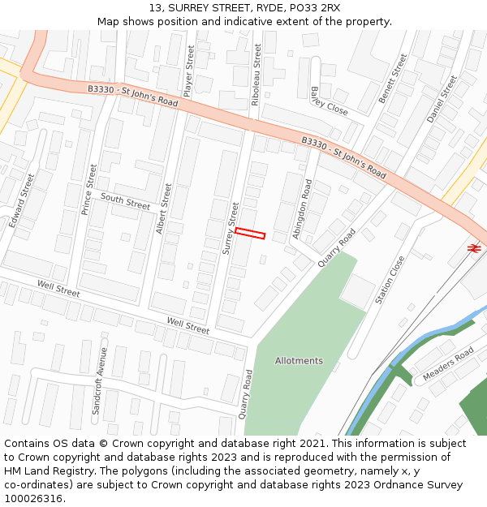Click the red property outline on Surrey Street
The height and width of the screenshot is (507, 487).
coord(250,234)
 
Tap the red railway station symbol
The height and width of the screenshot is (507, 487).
coord(474,247)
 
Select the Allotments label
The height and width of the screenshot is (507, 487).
coord(299,361)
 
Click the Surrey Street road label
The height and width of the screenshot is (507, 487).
coord(231,230)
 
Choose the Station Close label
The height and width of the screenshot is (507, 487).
coord(390,281)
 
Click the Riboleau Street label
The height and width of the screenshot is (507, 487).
coord(256,75)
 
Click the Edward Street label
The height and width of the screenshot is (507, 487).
coord(22,200)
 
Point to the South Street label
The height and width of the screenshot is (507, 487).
coord(125,201)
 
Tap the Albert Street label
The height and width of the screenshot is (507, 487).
coord(164,208)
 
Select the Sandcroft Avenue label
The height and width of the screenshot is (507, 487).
coord(100,381)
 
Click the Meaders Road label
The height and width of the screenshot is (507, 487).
coord(448,365)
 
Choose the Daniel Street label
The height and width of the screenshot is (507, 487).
coord(442,99)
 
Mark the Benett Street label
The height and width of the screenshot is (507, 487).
coord(393,79)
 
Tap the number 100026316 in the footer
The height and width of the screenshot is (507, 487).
coord(34,499)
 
